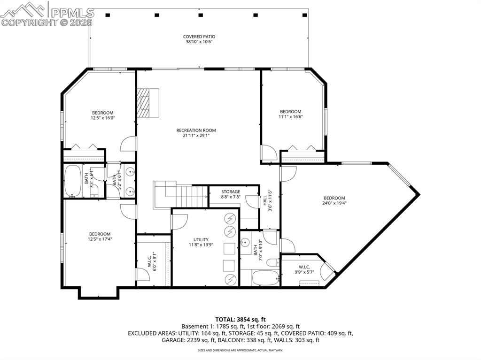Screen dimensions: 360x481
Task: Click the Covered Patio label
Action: point(199,37)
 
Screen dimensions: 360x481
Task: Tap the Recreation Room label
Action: point(196,130)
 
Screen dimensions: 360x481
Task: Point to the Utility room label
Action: point(201,239)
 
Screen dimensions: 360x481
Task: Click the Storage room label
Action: point(231,191)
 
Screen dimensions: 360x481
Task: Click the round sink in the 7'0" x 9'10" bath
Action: point(246,243)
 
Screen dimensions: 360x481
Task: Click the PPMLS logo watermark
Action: point(47,13)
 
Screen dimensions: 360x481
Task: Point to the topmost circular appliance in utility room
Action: point(230,218)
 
